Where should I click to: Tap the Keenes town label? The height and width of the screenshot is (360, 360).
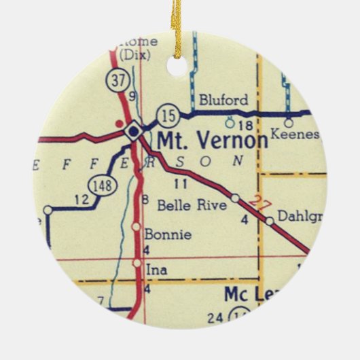coord(294,134)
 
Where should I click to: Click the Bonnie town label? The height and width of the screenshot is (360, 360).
coord(168,235)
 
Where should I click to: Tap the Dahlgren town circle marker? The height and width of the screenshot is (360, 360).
coord(270,221)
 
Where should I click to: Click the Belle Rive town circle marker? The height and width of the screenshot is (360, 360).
coord(235,198)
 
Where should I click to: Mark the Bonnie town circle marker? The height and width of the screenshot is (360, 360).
coord(137,226)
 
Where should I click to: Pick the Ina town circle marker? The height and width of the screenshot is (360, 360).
coord(137,262)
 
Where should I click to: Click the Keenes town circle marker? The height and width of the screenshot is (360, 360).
coord(288,123)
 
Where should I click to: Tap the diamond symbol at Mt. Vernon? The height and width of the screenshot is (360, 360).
coord(133,130)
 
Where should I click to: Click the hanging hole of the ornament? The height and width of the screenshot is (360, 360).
coord(177,66)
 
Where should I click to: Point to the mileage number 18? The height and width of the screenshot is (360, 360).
coord(246,126)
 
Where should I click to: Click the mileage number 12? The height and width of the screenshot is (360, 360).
coord(82,200)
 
